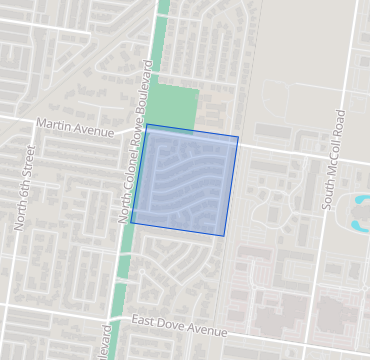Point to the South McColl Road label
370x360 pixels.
tap(335, 160)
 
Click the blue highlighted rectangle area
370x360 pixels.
tap(185, 180)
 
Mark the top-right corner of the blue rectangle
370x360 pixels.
tap(238, 137)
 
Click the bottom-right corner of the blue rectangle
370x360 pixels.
tap(223, 236)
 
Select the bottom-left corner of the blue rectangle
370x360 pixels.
tap(131, 224)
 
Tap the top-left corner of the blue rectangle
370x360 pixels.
tap(147, 125)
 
